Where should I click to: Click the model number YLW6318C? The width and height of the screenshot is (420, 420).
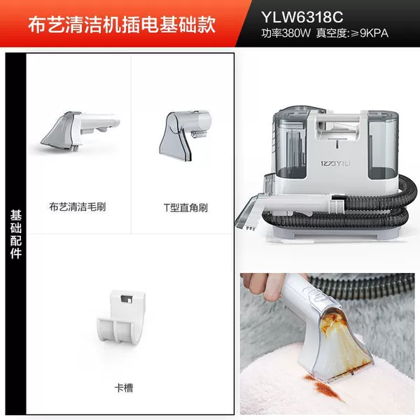click(x=302, y=17)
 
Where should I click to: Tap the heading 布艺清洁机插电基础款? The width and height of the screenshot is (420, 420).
click(x=122, y=24)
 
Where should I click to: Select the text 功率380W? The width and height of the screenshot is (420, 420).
click(x=286, y=33)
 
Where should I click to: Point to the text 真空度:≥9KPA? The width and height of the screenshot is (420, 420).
click(x=352, y=33)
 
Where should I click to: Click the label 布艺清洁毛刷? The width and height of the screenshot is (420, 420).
click(x=78, y=206)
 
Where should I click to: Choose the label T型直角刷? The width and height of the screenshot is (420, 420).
click(x=185, y=208)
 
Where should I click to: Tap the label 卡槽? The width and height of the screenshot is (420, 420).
click(x=124, y=388)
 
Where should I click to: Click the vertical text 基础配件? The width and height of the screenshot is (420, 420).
click(x=16, y=234)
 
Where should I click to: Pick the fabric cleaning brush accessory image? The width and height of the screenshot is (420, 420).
click(x=80, y=130)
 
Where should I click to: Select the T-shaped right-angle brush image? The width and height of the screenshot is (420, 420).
click(x=184, y=134)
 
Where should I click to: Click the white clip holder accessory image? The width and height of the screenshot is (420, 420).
click(x=121, y=316)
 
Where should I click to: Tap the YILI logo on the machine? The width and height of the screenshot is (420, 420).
click(x=335, y=163)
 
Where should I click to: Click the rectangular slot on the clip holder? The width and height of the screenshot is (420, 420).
click(x=126, y=299)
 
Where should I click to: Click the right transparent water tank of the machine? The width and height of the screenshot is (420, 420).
click(x=382, y=146)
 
